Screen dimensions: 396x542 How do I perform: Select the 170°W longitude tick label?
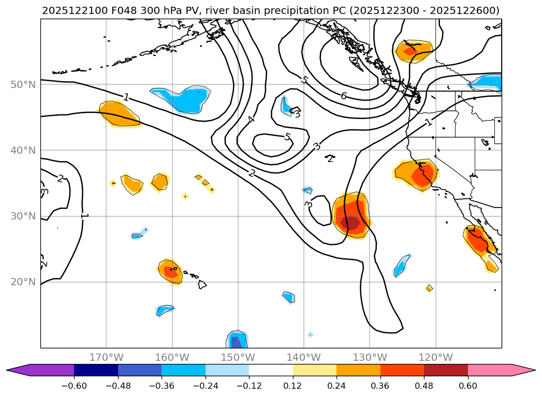click(106, 358)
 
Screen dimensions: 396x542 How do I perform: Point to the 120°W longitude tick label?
click(435, 358)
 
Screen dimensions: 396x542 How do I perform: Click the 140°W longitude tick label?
click(303, 358)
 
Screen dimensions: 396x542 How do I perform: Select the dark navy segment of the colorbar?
click(96, 370)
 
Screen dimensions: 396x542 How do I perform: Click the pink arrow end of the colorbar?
click(523, 370)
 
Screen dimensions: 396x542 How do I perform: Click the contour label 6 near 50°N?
click(343, 96)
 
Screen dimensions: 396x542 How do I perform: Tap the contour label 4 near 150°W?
click(251, 120)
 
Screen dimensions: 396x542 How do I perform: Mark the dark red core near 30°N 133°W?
click(350, 223)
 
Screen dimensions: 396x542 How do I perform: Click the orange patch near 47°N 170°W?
click(119, 113)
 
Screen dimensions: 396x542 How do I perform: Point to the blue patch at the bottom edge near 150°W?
click(236, 340)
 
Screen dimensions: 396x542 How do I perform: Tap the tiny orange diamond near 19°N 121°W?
click(429, 288)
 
